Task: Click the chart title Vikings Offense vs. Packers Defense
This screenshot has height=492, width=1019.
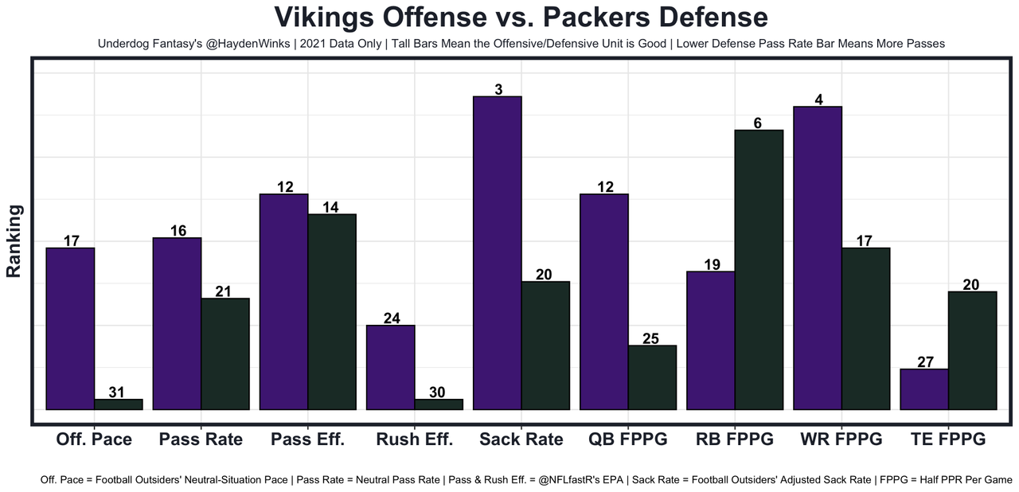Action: tap(521, 18)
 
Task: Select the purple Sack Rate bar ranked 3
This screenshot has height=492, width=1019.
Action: tap(498, 253)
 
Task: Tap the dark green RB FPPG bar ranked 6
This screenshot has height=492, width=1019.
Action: tap(759, 270)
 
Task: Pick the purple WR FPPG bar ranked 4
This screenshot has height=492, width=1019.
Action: tap(818, 258)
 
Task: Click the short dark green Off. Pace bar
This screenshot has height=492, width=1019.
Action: tap(119, 404)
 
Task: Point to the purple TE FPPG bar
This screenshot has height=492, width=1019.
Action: tap(924, 389)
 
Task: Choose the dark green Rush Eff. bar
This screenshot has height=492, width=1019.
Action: tap(439, 404)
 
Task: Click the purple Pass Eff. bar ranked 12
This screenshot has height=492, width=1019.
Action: tap(284, 302)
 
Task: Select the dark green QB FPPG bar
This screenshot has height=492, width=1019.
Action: tap(652, 377)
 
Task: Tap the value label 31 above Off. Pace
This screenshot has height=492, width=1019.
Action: tap(118, 392)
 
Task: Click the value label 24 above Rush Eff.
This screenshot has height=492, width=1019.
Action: tap(391, 318)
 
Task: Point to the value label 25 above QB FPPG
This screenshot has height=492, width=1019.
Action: tap(651, 338)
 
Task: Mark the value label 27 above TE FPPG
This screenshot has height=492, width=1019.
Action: tap(925, 362)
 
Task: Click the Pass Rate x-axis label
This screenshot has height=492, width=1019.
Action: tap(201, 439)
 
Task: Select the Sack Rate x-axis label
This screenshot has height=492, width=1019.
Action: tap(521, 439)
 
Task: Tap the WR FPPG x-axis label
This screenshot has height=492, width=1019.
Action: tap(841, 439)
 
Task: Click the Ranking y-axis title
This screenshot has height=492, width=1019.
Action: tap(14, 241)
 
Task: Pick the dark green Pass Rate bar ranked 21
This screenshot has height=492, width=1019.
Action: tap(225, 354)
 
